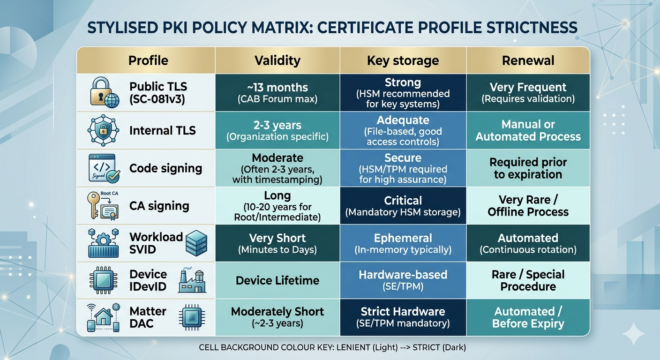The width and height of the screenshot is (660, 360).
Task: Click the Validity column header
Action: point(277,60)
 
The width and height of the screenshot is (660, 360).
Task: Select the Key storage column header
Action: point(403,60)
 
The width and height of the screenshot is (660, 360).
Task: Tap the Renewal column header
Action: point(528,60)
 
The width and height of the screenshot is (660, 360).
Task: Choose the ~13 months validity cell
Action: point(277,93)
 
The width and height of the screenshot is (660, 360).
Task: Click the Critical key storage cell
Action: point(403,205)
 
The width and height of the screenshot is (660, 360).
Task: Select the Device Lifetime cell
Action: point(277,280)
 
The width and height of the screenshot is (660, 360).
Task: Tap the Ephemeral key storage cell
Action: point(403,243)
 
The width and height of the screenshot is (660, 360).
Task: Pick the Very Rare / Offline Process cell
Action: point(528,205)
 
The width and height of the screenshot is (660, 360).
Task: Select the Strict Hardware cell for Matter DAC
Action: point(403,317)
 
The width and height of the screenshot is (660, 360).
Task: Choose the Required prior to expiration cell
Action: point(528,168)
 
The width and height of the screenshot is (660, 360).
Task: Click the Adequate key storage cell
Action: point(403,130)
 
